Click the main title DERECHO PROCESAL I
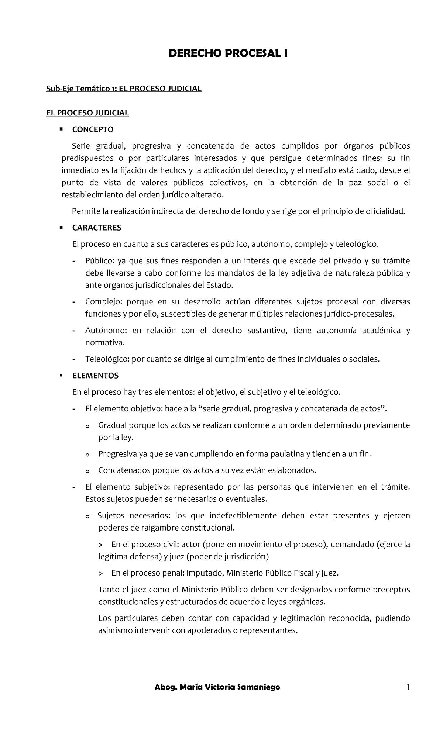[228, 54]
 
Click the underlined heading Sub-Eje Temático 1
[124, 89]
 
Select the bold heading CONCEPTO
[93, 129]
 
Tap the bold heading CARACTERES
[97, 228]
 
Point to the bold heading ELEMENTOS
[95, 376]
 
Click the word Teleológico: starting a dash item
[107, 359]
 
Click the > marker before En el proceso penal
[101, 573]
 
